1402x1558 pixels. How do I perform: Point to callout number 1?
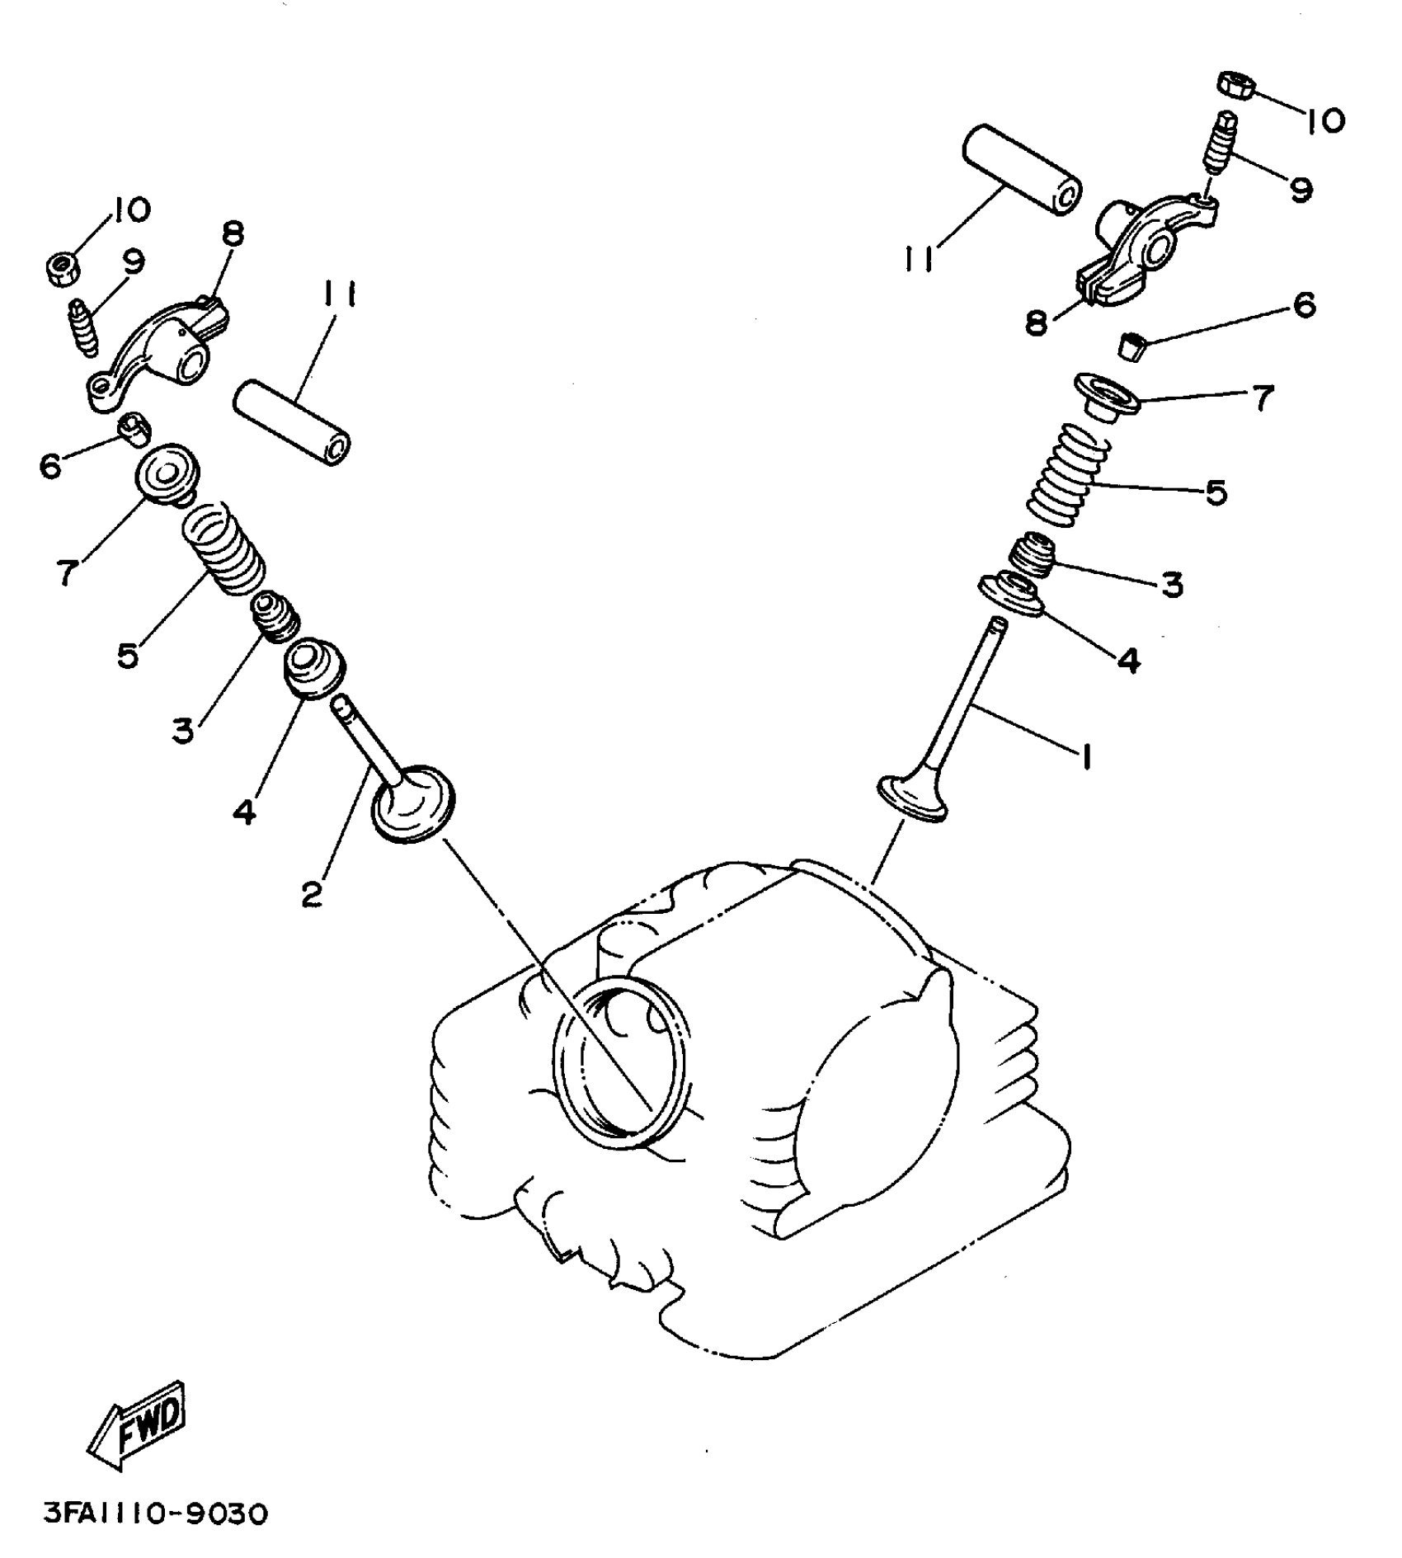[x=1087, y=755]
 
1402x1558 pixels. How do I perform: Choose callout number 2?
[x=311, y=893]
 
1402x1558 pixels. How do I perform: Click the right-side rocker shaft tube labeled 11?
[x=1021, y=169]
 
